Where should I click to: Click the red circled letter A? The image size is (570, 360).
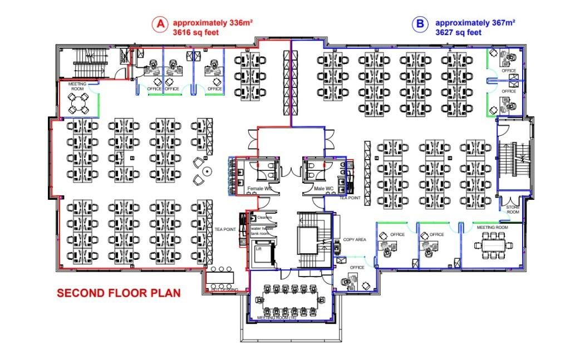pos(160,24)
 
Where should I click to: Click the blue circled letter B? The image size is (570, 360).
pos(419,24)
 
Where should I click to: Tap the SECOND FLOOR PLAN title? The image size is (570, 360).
pos(119,293)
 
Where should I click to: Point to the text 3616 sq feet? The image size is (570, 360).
pos(196,32)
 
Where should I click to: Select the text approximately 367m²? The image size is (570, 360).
pos(475,23)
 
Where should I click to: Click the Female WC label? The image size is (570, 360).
pos(259,189)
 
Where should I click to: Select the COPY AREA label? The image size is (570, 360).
pos(355,239)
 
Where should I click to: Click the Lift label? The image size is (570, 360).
pos(258,249)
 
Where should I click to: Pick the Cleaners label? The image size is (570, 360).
pos(264,217)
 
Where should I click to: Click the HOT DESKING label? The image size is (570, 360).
pos(225,290)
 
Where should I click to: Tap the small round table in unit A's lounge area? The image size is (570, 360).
pos(207,170)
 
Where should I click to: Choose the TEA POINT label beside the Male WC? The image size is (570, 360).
pos(350,198)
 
